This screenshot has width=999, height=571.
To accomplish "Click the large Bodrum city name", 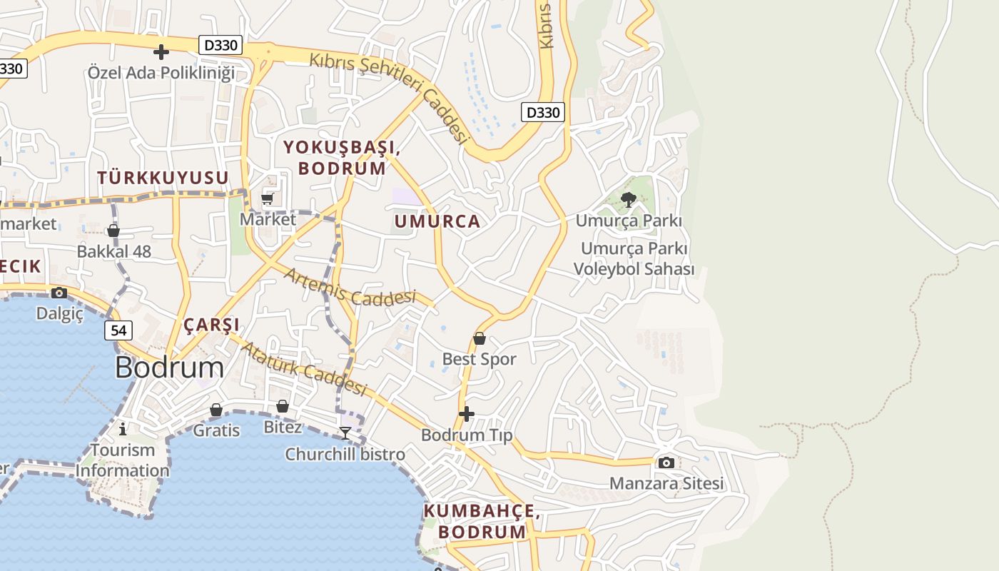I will coord(169,368).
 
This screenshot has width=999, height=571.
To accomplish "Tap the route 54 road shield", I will coord(118,330).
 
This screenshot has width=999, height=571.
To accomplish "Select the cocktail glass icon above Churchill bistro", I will coord(345,433).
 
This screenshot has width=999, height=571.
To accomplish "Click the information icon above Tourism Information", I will coord(123,428).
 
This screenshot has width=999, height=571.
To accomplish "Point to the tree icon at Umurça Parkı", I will coord(628,200).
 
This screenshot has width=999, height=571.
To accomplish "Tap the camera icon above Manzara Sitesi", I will coord(666,463).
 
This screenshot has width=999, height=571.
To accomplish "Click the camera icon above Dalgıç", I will coord(59,293).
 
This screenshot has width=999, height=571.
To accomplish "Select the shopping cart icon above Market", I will coord(268,198).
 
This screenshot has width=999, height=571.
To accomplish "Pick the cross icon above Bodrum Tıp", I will coord(467,413).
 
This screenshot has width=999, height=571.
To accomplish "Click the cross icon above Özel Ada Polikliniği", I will coord(161,51).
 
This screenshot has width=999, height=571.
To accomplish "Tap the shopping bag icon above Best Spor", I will coord(480,338).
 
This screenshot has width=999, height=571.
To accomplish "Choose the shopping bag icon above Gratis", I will coord(216,410).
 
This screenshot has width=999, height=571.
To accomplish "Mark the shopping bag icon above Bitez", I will coord(283,406).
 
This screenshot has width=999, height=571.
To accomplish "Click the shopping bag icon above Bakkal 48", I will coord(113,231).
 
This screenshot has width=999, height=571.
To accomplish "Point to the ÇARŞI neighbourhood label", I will coord(212,325).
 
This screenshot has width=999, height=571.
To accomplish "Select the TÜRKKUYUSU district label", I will coord(163,178).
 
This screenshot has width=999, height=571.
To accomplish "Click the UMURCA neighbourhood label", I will coord(437,221).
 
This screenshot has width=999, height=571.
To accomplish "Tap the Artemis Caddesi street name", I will coord(350,288).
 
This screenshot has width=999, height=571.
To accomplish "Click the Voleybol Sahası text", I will coord(634,269).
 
